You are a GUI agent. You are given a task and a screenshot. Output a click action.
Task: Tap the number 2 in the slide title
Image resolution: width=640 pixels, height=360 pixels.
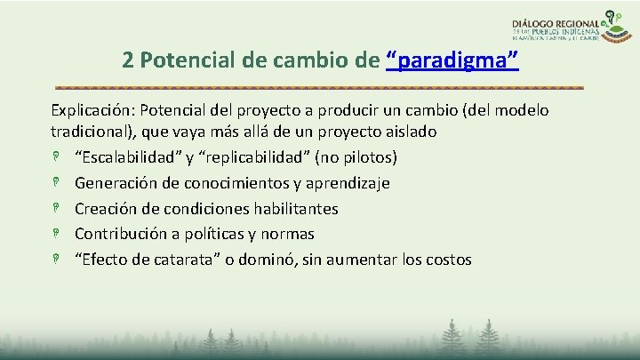[x=129, y=60]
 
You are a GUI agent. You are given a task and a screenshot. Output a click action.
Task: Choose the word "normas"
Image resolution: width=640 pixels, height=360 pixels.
[x=287, y=235]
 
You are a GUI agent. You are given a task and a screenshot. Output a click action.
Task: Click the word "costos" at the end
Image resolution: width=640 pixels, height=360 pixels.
[x=446, y=260]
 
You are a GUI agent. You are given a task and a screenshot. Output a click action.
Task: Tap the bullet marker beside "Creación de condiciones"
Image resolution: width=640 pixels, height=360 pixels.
[x=55, y=209]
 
